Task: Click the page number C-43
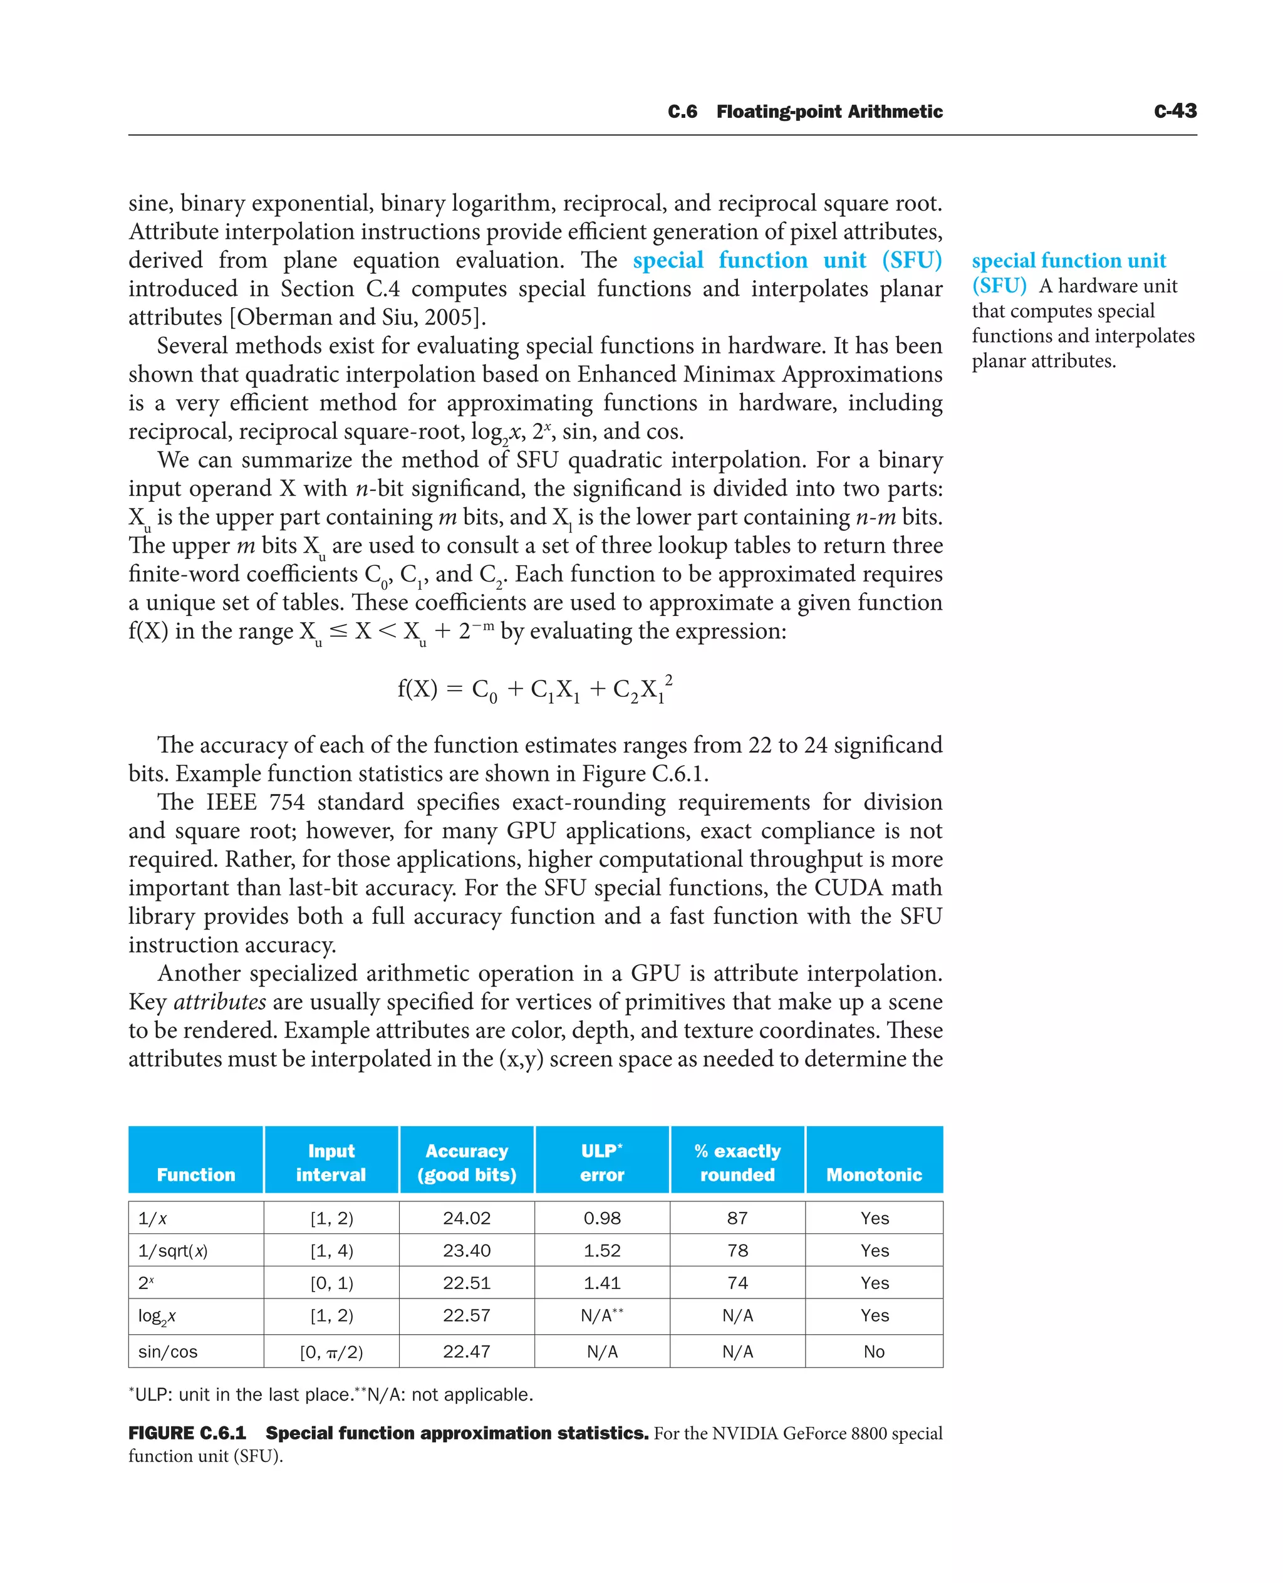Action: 1175,111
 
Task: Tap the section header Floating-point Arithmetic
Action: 829,112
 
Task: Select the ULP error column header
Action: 601,1163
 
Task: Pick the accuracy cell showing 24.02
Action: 466,1218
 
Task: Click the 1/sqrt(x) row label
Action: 173,1250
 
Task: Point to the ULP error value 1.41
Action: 601,1283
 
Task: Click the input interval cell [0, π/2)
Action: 331,1352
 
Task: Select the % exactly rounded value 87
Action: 737,1218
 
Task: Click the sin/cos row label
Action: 168,1352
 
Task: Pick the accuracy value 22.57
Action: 466,1315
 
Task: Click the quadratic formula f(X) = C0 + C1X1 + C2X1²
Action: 535,689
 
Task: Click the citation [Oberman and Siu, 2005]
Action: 358,317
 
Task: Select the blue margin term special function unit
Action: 1068,261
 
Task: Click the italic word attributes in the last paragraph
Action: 219,1002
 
